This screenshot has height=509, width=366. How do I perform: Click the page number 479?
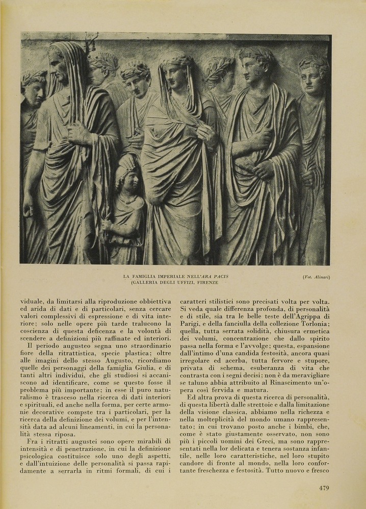(324, 488)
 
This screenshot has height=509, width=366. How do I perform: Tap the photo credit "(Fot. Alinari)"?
(316, 277)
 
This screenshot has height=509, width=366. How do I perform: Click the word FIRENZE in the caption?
(205, 282)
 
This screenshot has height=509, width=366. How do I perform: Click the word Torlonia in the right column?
(312, 326)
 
